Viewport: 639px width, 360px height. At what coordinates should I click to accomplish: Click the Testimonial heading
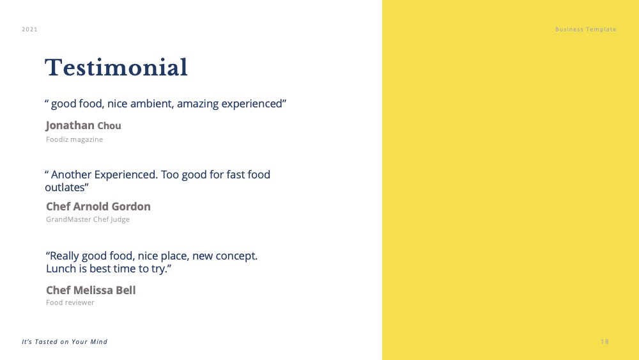[x=116, y=67]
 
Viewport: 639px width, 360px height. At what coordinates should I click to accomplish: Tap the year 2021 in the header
[x=30, y=29]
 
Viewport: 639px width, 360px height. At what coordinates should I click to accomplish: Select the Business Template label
[x=585, y=29]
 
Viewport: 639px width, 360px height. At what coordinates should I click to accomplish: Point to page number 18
[x=604, y=341]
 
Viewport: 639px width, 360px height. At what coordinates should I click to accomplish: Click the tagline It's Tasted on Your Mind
[x=65, y=341]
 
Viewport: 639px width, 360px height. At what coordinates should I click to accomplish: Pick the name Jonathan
[x=70, y=125]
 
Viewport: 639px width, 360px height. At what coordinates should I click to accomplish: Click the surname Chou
[x=109, y=126]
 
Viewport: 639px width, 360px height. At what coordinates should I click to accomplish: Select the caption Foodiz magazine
[x=74, y=139]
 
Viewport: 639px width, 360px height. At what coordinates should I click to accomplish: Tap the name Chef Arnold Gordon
[x=98, y=207]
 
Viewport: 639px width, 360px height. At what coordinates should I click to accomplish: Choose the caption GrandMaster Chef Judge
[x=88, y=219]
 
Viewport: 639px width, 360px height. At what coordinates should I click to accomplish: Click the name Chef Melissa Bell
[x=91, y=290]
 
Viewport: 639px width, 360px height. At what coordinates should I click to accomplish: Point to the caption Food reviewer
[x=70, y=302]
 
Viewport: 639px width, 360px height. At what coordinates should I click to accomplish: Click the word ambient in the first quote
[x=151, y=104]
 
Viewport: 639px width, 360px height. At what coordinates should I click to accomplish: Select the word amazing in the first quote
[x=197, y=104]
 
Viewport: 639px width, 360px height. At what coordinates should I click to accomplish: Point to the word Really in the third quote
[x=64, y=256]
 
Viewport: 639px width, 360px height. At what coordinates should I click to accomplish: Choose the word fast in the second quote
[x=235, y=175]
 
